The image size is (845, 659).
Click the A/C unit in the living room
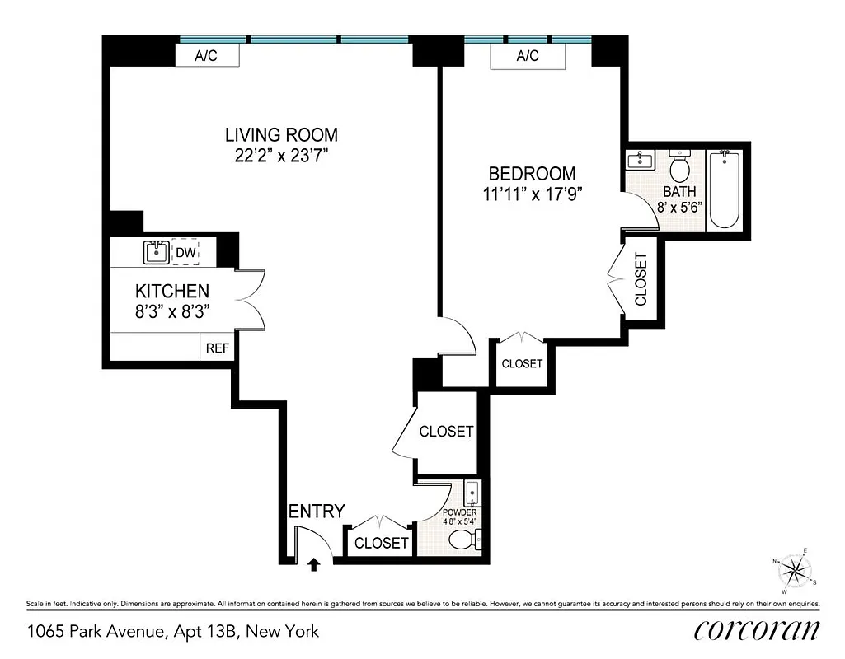tap(207, 55)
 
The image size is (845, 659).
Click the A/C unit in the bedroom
tap(528, 56)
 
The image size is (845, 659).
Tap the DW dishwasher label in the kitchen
tap(186, 253)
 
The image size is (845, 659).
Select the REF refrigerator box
tap(217, 348)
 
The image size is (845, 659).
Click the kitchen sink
tap(155, 252)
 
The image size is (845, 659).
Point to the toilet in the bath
tap(680, 168)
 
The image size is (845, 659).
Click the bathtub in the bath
tap(725, 189)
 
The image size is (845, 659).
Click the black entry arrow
tap(313, 564)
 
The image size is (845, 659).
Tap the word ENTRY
tap(316, 512)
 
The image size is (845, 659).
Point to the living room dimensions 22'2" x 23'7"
tap(281, 156)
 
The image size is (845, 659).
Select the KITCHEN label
tap(171, 291)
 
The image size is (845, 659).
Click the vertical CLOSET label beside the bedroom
tap(641, 278)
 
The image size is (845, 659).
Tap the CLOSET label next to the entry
tap(381, 543)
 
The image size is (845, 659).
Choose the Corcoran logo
tap(757, 630)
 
